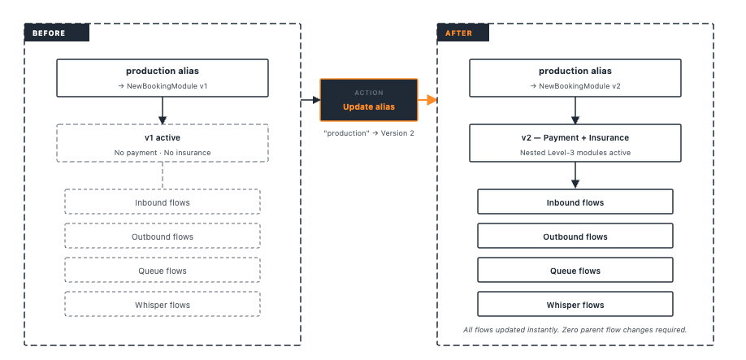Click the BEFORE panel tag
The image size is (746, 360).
click(57, 33)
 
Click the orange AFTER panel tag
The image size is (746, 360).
click(463, 33)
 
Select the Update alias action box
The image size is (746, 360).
click(369, 100)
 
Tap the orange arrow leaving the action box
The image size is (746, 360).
click(427, 100)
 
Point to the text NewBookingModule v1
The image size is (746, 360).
click(167, 86)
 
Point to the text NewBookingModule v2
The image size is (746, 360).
click(579, 86)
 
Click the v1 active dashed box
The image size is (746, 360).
click(163, 143)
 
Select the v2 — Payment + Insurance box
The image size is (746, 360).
click(575, 143)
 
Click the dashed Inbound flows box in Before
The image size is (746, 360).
click(163, 202)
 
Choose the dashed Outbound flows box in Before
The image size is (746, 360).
click(163, 236)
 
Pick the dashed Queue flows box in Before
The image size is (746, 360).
click(163, 270)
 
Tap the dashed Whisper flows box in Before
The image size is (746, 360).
click(163, 305)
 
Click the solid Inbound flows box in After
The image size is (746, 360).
click(575, 202)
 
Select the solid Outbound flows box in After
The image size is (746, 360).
click(575, 236)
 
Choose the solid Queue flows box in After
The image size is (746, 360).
click(575, 270)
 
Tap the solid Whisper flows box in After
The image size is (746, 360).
click(575, 305)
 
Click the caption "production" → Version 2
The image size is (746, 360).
click(369, 133)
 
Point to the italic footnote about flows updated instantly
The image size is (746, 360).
click(575, 330)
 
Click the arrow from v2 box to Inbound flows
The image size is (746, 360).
click(575, 176)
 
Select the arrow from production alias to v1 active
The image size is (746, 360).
click(163, 111)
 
